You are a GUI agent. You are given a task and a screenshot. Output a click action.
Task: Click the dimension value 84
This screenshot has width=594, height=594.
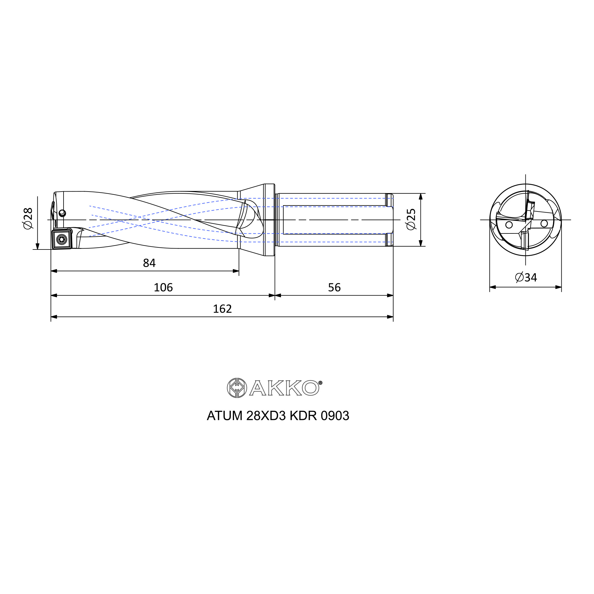pyautogui.click(x=149, y=263)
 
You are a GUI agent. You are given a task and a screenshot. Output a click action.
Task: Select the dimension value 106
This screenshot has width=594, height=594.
pyautogui.click(x=163, y=287)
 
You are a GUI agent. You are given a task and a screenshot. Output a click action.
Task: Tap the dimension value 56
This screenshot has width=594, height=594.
pyautogui.click(x=334, y=287)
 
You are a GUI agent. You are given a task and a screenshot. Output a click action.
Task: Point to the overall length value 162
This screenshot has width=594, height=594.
pyautogui.click(x=222, y=309)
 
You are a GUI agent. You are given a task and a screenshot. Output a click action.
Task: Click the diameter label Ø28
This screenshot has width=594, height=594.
pyautogui.click(x=28, y=218)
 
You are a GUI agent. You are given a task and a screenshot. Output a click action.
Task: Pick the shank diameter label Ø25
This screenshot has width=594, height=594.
pyautogui.click(x=411, y=219)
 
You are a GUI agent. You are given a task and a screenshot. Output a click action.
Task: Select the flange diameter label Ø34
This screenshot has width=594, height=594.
pyautogui.click(x=526, y=277)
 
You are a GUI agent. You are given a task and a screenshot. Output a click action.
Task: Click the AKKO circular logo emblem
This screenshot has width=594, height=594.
pyautogui.click(x=237, y=388)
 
